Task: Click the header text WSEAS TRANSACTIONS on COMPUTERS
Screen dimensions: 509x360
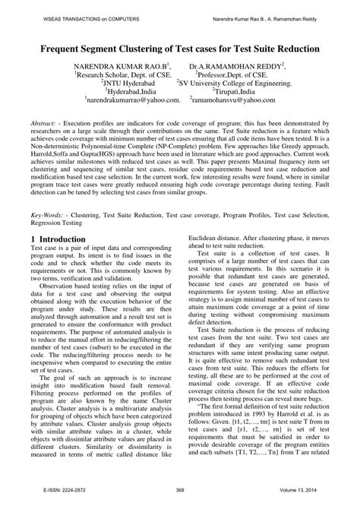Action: [66, 10]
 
